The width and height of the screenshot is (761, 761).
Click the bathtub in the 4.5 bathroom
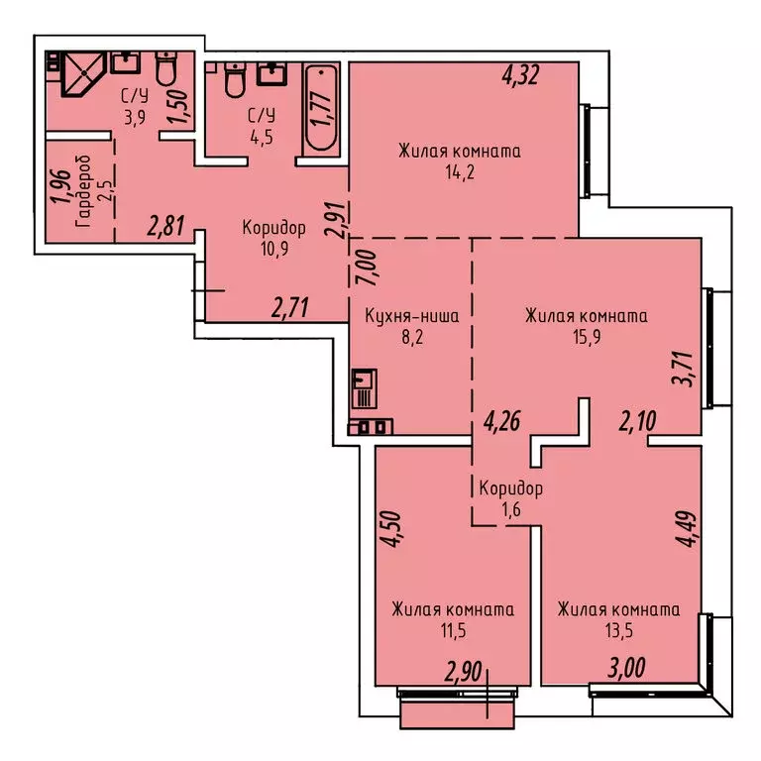321,109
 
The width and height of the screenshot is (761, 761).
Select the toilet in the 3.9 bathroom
165,68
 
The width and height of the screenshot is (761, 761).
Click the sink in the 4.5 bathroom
272,73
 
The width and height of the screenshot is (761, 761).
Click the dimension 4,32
520,75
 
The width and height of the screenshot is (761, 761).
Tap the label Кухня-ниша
410,317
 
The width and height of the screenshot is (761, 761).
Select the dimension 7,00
364,267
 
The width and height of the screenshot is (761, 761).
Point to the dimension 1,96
59,187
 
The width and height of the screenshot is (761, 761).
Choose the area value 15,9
586,337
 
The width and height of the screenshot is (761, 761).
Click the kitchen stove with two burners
372,427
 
